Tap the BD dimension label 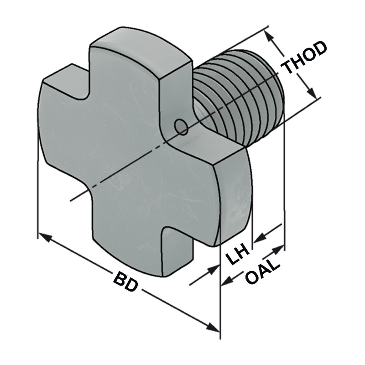(x=125, y=282)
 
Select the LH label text (x=238, y=256)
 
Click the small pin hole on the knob (x=181, y=127)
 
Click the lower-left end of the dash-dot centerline (x=71, y=200)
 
